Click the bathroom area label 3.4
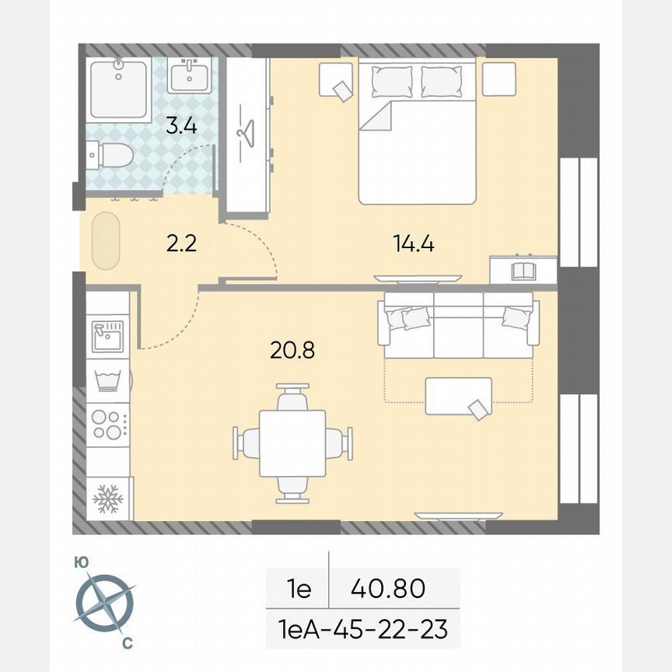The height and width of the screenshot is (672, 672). coord(180,124)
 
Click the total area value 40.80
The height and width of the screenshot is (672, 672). coord(388,589)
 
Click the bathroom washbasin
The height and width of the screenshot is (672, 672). coord(187,76)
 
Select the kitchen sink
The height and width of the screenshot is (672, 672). coord(108,334)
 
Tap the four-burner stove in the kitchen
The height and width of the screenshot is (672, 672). coord(108,425)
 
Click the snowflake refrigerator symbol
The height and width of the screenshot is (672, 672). coord(108,499)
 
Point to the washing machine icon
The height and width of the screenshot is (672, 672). coord(108,380)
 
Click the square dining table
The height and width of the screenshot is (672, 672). coord(292,443)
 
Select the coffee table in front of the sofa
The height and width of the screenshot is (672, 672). coord(458,396)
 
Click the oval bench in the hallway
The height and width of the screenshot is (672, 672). coord(104,243)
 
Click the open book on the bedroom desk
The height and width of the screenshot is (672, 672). coord(523,271)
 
